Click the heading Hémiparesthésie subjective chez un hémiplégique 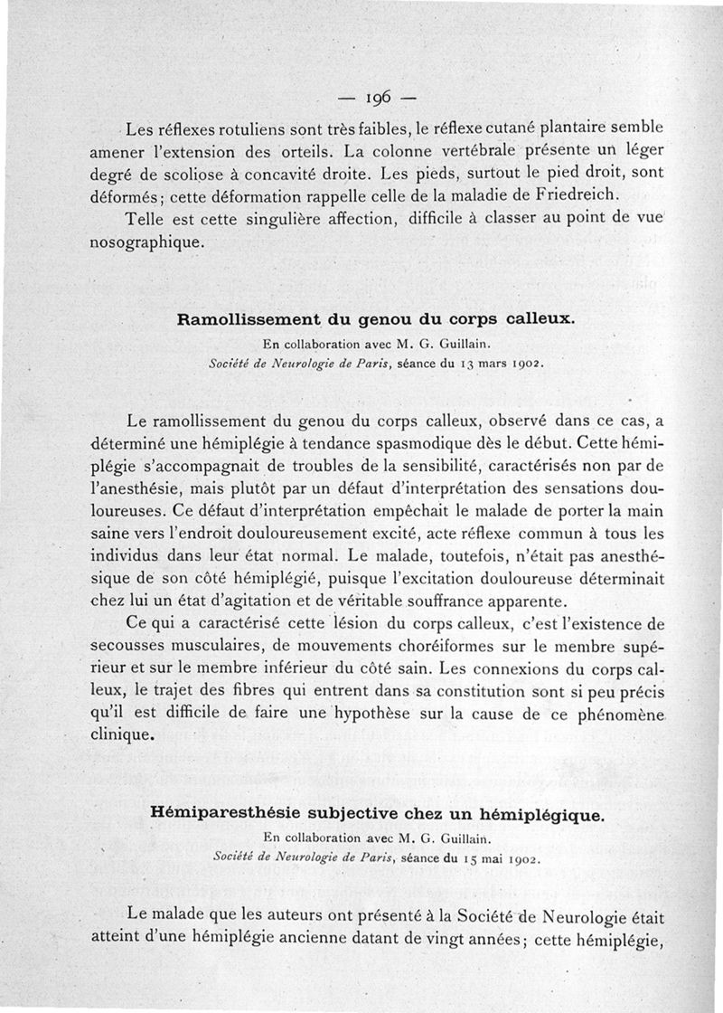(x=376, y=814)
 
